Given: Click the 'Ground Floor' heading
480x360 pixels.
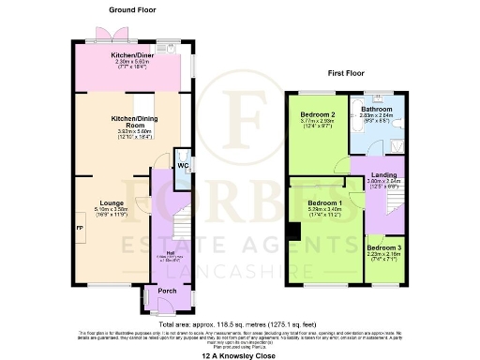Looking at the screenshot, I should coord(131,10).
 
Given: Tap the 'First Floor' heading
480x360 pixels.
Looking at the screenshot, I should coord(345,71).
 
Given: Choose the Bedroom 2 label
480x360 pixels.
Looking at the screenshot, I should coord(315,114).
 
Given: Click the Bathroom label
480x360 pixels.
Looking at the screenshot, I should coord(377,110).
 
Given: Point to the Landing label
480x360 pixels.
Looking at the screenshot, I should coord(382,173).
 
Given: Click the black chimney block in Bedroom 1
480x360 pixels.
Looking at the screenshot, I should coord(294,231).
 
